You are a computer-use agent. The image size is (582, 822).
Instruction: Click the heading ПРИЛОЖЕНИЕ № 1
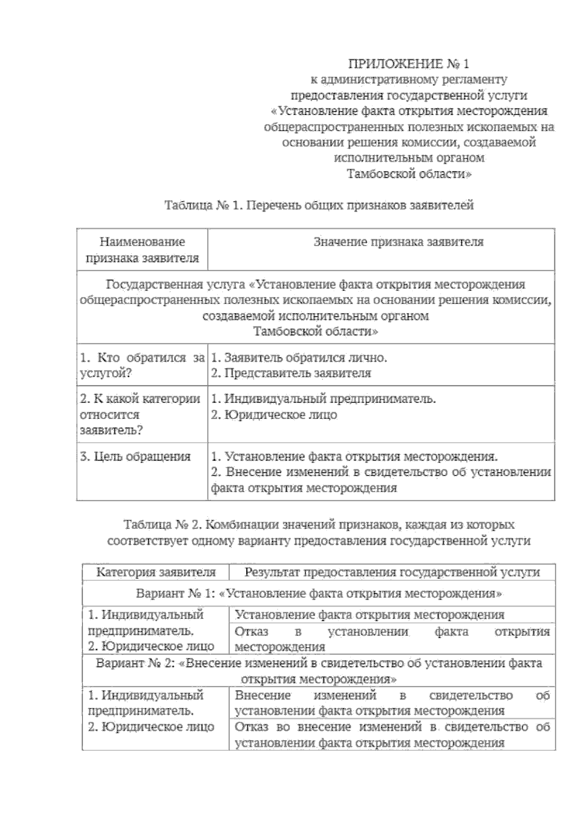pos(409,63)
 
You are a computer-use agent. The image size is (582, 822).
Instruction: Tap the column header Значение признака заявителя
pos(398,242)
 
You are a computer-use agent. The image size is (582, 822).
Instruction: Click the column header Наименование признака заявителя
pos(142,249)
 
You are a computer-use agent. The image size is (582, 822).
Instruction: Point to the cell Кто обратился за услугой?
pos(142,365)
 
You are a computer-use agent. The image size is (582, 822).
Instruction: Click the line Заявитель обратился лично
pos(299,358)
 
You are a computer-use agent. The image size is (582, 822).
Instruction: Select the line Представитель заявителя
pos(291,373)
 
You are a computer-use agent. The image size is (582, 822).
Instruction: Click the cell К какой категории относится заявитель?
pos(141,414)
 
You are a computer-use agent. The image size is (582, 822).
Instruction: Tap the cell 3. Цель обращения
pos(135,456)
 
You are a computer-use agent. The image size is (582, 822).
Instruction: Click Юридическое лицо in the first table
pos(274,415)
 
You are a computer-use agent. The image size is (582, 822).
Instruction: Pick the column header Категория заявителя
pos(156,572)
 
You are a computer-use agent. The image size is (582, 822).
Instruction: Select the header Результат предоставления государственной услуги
pos(392,572)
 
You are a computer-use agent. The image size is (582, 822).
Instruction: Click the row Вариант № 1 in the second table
pos(319,593)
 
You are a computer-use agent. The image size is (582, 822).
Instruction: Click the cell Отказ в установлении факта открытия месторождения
pos(392,639)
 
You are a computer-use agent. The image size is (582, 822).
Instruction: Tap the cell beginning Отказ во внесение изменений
pos(392,734)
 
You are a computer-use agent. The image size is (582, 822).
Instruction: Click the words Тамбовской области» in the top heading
pos(409,174)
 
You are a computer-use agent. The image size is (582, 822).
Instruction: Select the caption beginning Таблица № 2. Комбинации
pos(319,525)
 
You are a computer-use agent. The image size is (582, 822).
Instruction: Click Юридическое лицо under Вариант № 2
pos(151,727)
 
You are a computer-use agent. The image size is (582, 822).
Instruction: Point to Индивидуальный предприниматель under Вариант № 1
pos(145,622)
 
